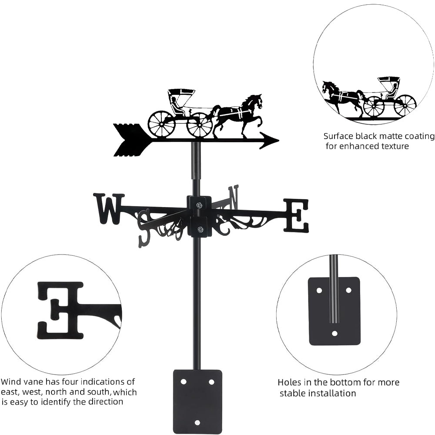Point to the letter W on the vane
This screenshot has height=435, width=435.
click(108, 209)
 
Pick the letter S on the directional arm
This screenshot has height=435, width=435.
click(144, 228)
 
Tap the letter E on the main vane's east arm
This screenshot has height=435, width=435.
click(296, 215)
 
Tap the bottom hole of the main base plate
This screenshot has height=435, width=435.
click(197, 422)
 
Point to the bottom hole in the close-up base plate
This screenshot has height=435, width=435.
click(334, 334)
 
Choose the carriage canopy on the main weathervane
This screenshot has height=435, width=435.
click(181, 92)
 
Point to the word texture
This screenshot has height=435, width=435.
click(393, 146)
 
